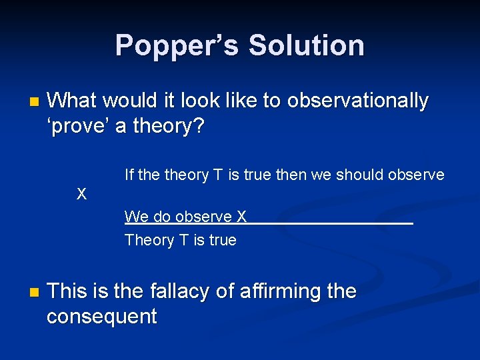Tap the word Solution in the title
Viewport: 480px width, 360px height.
point(306,45)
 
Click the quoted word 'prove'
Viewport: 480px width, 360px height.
point(78,125)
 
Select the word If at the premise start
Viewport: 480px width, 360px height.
point(129,175)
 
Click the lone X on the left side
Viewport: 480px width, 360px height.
point(81,195)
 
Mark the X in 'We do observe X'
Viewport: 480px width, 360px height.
point(241,217)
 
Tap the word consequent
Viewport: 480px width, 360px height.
point(101,316)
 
